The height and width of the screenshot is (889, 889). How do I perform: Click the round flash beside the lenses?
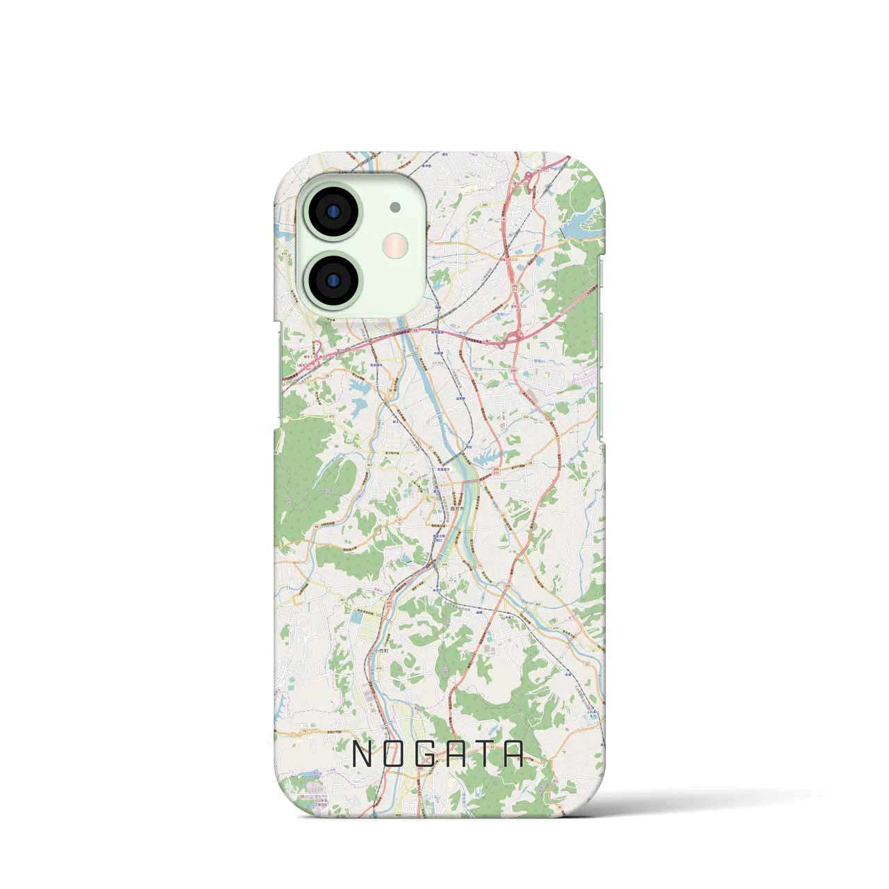(x=396, y=244)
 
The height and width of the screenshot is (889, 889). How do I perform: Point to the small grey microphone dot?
(x=395, y=206)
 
